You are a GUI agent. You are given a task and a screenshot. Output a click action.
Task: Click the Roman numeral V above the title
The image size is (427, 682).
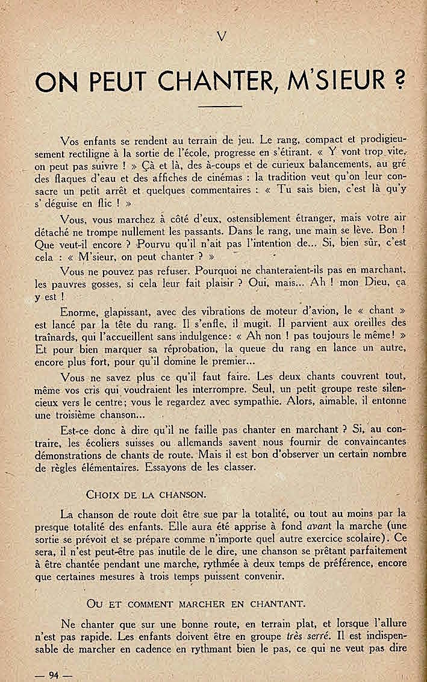(222, 37)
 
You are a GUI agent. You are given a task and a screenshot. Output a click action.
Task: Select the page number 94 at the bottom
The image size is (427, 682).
(54, 673)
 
